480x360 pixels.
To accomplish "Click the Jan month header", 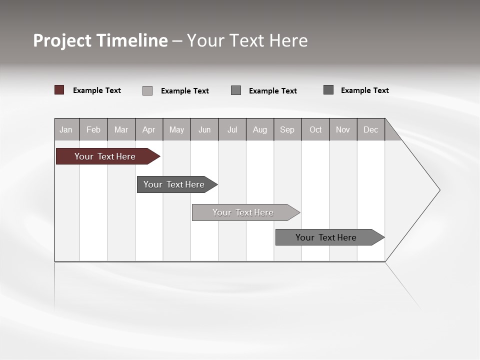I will (66, 130).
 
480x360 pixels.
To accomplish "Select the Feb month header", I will (93, 130).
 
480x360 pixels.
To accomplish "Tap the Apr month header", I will (149, 130).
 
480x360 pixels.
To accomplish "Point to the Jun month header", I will (204, 130).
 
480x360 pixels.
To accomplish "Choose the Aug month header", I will (260, 130).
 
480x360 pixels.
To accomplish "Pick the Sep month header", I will (287, 130).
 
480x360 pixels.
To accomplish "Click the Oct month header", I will (315, 130).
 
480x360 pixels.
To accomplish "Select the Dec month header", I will (371, 130).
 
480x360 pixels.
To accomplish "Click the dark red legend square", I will (59, 90).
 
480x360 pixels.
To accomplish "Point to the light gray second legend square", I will (147, 90).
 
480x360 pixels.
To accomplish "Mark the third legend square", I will (236, 90).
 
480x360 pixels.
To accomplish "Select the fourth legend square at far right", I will (328, 90).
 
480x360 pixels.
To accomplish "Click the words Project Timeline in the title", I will (100, 40).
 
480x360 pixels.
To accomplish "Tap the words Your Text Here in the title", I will (247, 40).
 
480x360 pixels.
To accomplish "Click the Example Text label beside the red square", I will (97, 90).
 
